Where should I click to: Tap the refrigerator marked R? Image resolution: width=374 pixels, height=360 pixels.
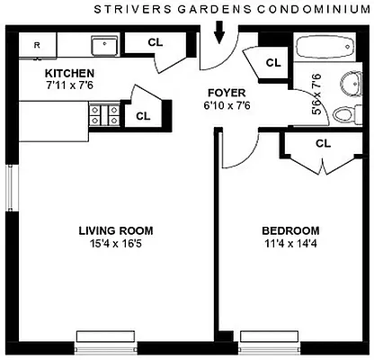pyautogui.click(x=37, y=44)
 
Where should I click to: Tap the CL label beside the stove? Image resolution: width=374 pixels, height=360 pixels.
pyautogui.click(x=142, y=115)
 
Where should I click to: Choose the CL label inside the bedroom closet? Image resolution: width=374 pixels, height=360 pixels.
pyautogui.click(x=323, y=142)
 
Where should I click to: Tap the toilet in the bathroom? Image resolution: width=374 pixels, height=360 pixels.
pyautogui.click(x=344, y=114)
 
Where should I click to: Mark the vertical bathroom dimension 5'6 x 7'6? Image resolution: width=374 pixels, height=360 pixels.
pyautogui.click(x=316, y=91)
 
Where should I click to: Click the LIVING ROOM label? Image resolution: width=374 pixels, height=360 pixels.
pyautogui.click(x=112, y=229)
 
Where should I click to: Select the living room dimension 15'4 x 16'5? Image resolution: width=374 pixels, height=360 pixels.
pyautogui.click(x=112, y=243)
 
